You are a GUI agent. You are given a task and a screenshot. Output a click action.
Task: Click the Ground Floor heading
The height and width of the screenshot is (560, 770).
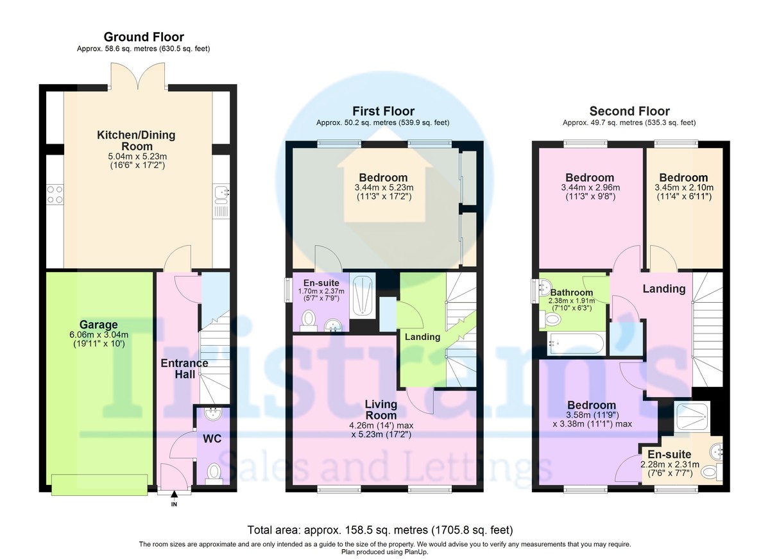coord(144,37)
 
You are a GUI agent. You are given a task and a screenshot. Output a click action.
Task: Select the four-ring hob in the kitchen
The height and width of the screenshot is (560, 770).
coord(55,194)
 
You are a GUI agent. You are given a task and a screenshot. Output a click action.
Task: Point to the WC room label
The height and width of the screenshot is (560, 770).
coord(212,439)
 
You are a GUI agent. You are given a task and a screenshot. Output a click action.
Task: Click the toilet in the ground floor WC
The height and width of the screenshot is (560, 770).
coord(214,473)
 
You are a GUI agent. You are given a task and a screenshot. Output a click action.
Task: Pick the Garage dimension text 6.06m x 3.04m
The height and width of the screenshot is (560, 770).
coord(99,334)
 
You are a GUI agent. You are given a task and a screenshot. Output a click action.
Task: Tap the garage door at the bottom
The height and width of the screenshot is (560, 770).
coord(99,485)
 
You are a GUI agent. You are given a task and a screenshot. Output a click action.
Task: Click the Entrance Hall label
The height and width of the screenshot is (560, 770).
coord(185,369)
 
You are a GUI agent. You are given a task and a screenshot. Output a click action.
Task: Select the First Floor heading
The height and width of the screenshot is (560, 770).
coord(383,111)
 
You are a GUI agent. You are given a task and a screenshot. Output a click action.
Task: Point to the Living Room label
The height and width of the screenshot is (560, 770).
coord(381,409)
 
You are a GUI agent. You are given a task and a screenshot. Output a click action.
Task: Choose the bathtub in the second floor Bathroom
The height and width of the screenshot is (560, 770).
coord(576,344)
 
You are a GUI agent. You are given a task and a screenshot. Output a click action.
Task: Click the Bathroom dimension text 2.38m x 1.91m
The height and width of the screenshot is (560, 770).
coord(572,301)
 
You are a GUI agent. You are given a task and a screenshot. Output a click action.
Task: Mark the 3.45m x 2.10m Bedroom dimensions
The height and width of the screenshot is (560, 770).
coord(684,187)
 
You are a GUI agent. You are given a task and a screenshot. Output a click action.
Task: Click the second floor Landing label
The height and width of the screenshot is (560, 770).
coord(664,289)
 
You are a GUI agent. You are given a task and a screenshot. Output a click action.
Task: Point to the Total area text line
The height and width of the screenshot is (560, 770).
coord(380,530)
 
